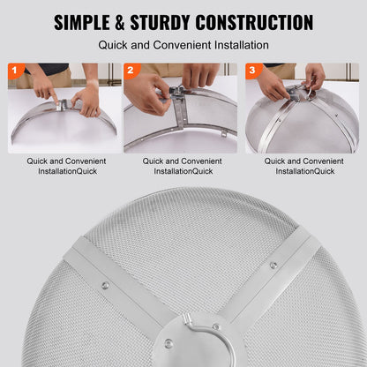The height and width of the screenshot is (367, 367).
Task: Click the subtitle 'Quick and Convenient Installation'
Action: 183,44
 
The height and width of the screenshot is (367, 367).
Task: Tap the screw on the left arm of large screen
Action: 107,284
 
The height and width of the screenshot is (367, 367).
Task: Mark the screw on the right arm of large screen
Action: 273,265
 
